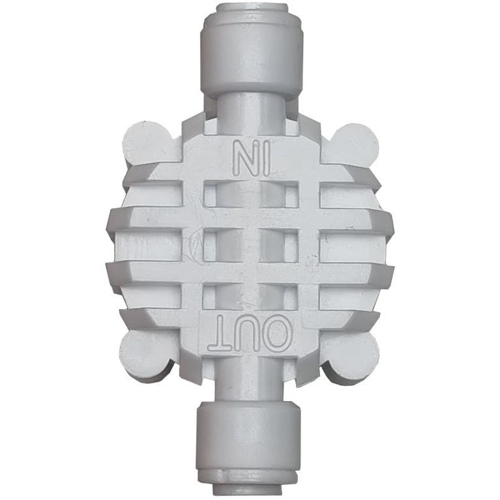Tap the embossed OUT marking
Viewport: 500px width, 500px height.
tap(250, 332)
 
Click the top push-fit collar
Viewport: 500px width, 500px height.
tap(252, 51)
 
